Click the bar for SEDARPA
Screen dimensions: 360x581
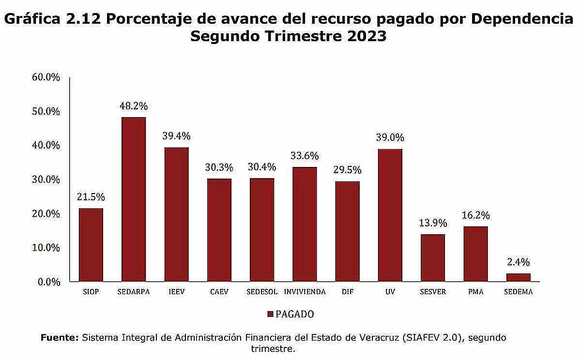134,199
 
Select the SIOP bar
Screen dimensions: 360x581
91,245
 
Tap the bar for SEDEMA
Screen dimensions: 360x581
518,277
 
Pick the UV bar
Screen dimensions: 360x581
390,215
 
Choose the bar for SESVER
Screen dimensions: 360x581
432,258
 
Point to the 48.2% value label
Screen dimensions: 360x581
134,106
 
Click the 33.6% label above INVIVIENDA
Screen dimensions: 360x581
305,156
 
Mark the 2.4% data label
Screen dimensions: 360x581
518,262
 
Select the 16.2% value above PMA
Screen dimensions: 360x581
475,215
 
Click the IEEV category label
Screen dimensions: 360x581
176,292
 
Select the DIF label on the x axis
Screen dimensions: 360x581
347,292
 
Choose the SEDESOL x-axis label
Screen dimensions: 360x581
262,292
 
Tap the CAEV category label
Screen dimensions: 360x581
219,292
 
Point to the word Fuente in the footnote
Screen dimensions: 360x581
60,338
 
